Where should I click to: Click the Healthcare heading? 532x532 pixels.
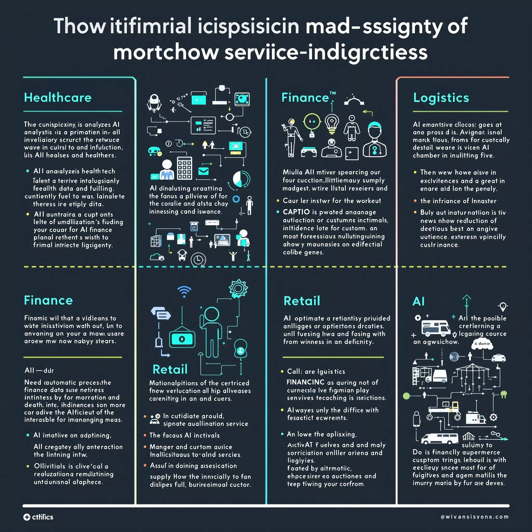[58, 97]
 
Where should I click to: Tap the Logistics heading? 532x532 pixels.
[441, 98]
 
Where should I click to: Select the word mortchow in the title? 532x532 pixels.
[165, 52]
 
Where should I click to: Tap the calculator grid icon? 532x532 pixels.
[184, 168]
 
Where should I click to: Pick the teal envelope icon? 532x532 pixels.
[203, 171]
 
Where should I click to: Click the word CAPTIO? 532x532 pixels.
[296, 212]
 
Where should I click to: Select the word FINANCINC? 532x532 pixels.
[305, 382]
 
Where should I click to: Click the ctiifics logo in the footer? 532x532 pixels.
[38, 517]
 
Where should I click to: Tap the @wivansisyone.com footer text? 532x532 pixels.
[474, 517]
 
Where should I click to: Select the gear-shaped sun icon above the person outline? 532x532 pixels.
[238, 289]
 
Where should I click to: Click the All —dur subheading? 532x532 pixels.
[39, 370]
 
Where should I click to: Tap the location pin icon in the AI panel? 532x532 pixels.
[503, 306]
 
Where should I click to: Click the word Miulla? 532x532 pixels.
[292, 172]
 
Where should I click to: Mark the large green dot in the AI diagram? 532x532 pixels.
[407, 396]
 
